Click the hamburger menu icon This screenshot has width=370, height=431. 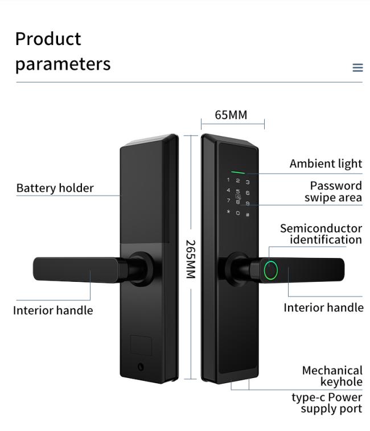[357, 68]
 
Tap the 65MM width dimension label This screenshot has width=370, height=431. [231, 115]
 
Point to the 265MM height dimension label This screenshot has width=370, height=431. [191, 259]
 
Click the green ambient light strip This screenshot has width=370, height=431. [238, 172]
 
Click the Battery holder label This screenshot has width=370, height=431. [55, 188]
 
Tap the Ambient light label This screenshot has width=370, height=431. [326, 164]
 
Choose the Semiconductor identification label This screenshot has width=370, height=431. [320, 234]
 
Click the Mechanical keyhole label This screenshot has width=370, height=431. [332, 376]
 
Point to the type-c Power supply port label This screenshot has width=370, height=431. [327, 403]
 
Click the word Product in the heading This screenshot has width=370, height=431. [48, 39]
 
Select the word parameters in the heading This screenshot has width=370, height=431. [63, 64]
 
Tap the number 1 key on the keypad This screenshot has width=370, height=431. [229, 180]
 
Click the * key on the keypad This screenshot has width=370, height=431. [229, 212]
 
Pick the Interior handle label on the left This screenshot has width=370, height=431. [53, 310]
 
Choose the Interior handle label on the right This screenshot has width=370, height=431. [323, 307]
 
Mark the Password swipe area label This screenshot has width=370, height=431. [333, 192]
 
